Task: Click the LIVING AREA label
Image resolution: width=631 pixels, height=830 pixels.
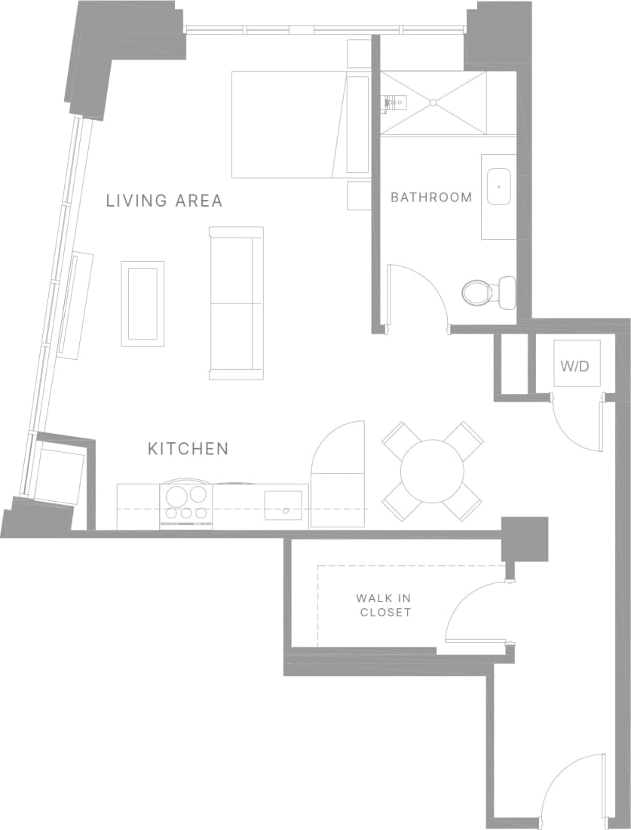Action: click(x=164, y=201)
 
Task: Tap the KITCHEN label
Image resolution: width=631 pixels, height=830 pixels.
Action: click(x=188, y=449)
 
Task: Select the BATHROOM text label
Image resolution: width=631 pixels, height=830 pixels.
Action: click(x=431, y=198)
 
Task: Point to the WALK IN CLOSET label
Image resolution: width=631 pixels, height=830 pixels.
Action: click(x=385, y=605)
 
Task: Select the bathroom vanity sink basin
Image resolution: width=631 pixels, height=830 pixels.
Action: click(x=498, y=186)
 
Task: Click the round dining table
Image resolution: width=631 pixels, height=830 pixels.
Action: click(x=432, y=472)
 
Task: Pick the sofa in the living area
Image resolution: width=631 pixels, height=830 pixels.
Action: click(x=236, y=303)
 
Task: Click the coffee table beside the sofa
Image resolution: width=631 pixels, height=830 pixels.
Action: click(x=142, y=303)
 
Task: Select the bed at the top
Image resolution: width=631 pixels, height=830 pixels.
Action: click(x=290, y=124)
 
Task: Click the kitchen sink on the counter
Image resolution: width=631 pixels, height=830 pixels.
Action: click(x=283, y=504)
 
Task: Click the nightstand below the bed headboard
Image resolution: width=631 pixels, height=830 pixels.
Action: click(x=358, y=195)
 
